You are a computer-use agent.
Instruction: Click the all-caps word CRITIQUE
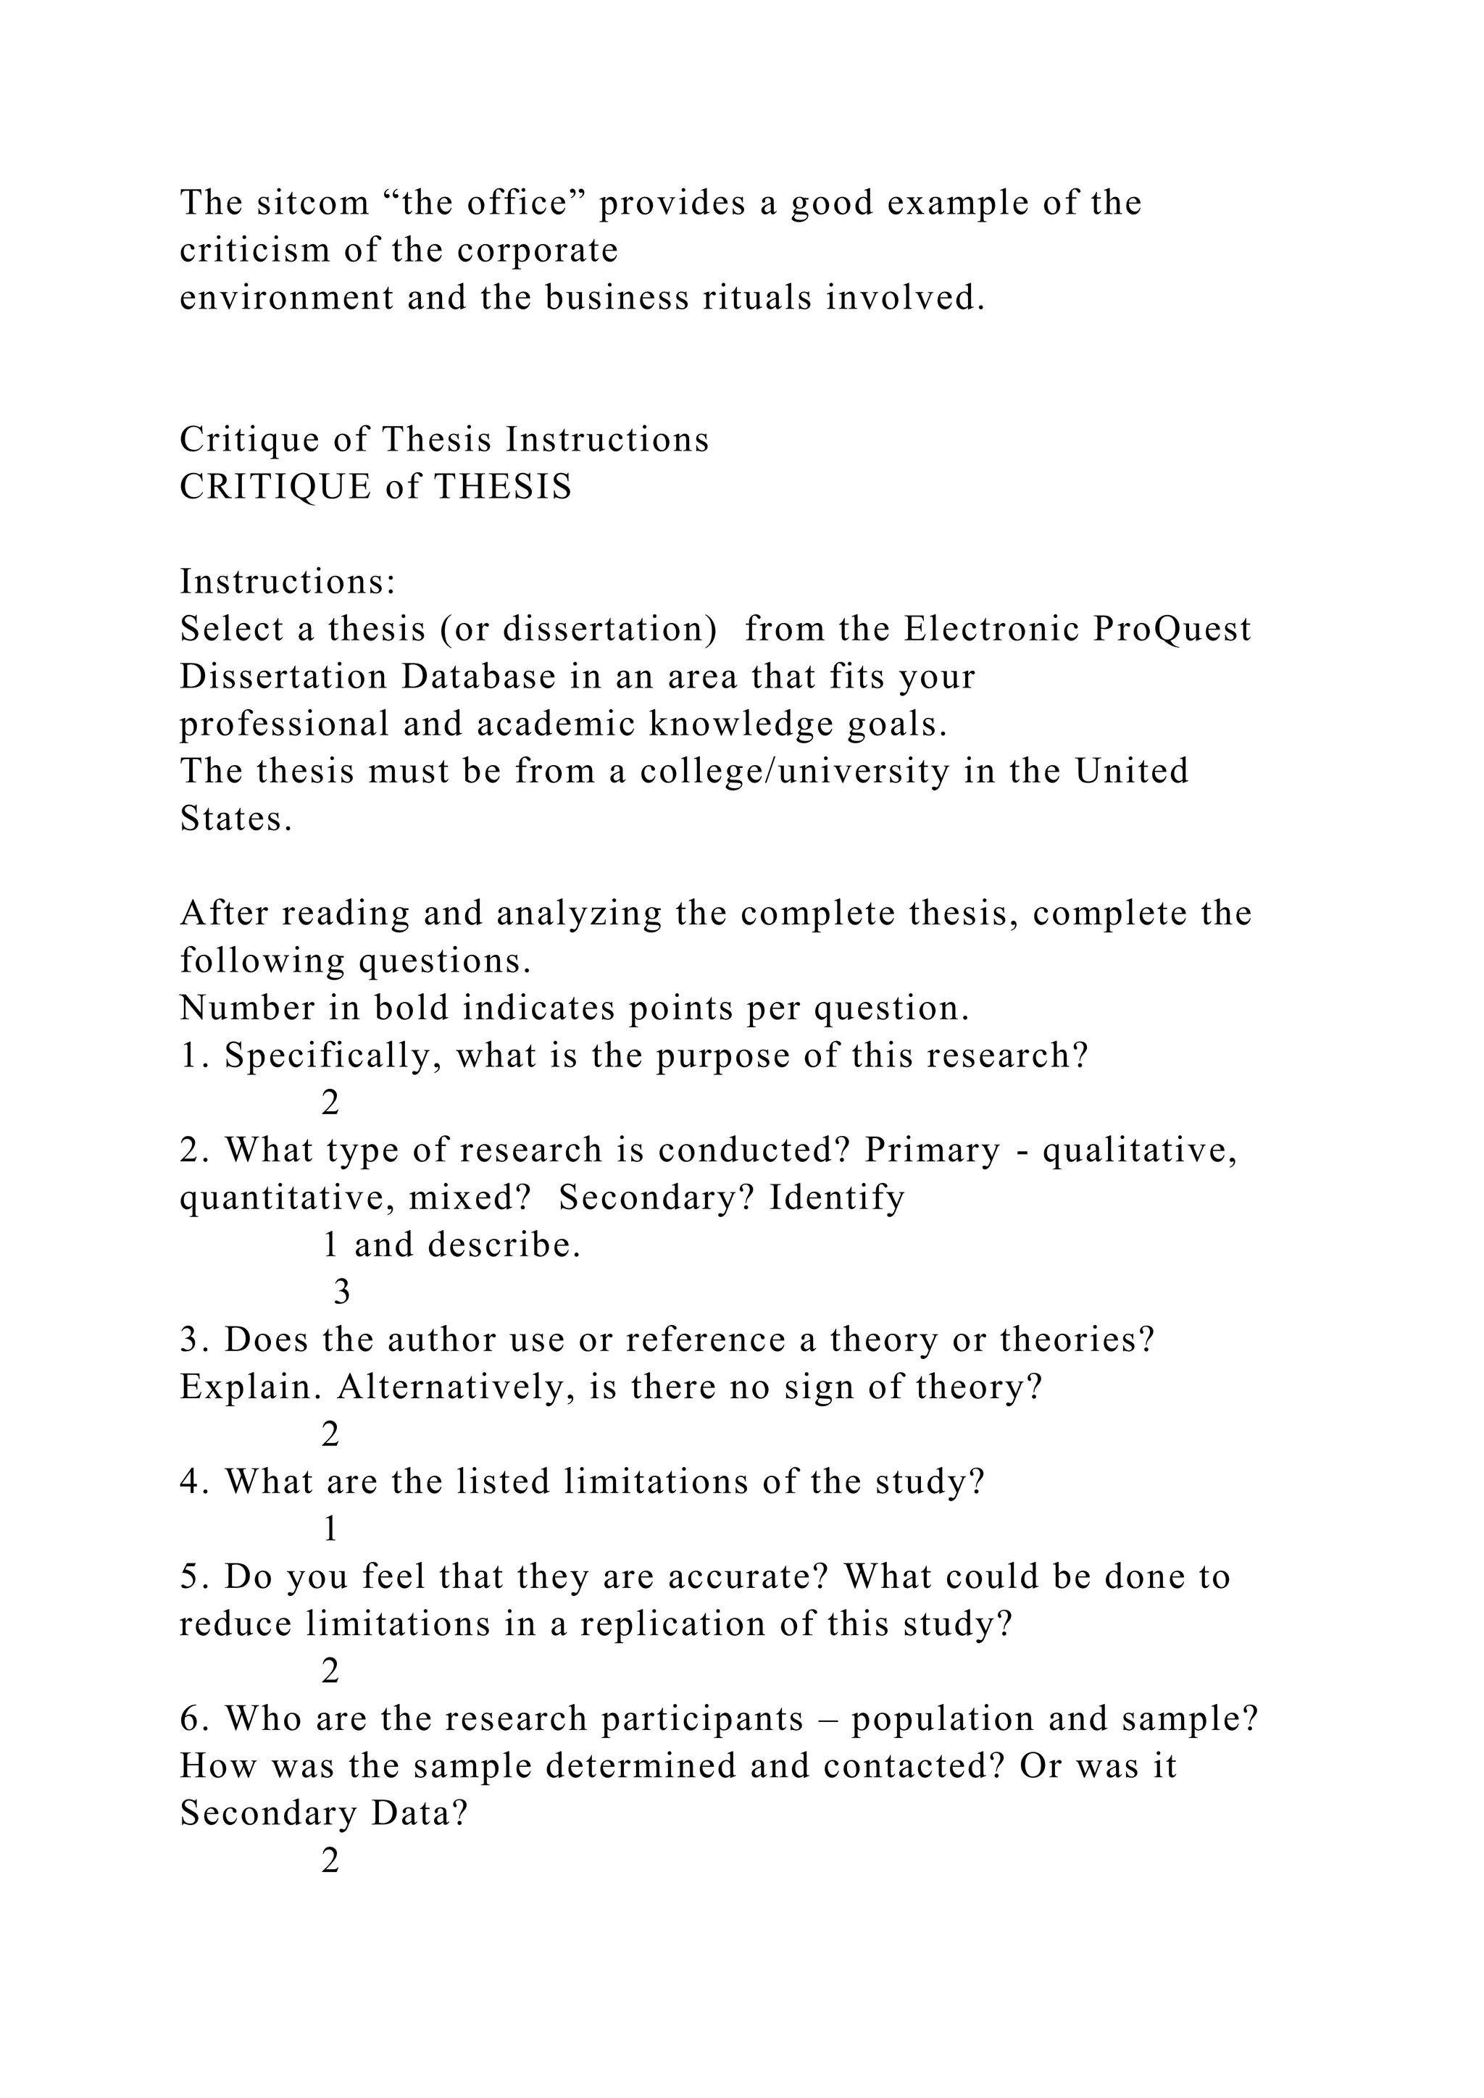(275, 487)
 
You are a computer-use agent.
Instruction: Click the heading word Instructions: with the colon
(287, 582)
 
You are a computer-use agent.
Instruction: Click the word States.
(235, 819)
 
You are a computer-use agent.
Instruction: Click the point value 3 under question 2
(342, 1293)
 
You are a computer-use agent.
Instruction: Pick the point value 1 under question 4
(331, 1529)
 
